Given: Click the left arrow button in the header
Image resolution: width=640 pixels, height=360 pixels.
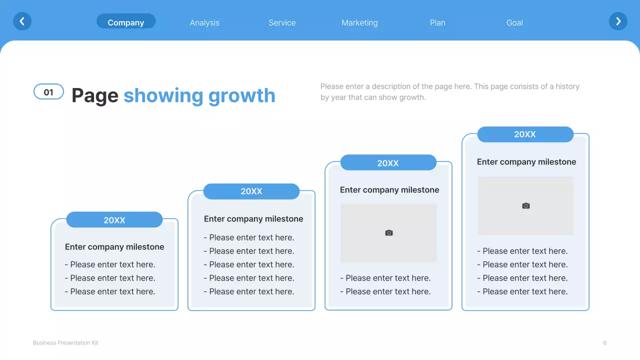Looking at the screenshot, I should [x=22, y=21].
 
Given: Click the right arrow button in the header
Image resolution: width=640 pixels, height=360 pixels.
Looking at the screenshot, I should [x=618, y=21].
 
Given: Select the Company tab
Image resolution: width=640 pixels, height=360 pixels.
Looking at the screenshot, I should [x=126, y=22].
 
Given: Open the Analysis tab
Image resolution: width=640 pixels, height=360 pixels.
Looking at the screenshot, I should [x=204, y=22].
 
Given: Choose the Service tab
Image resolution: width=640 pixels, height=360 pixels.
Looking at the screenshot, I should [x=282, y=22].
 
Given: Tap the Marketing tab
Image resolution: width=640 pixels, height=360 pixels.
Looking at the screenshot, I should [x=359, y=22].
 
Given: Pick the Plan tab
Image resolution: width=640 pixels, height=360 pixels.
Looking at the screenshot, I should [x=437, y=22].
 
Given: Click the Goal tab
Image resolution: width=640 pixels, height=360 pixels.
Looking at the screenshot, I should [x=514, y=22].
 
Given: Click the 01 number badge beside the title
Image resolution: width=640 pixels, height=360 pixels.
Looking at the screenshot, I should [x=48, y=92].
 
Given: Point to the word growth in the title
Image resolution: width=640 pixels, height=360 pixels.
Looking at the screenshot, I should [x=241, y=95].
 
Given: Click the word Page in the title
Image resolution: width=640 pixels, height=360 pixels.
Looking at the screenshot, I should [x=95, y=95].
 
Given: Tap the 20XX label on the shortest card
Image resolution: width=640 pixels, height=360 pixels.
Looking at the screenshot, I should [x=114, y=220].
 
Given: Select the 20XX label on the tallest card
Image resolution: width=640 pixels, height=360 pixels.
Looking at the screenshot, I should [x=525, y=134].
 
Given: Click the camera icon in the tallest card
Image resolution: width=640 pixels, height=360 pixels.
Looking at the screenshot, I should [x=525, y=206].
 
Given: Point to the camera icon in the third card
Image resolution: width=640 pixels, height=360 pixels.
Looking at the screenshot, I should [x=389, y=233].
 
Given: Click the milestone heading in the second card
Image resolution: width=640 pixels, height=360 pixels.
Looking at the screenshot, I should [x=253, y=219].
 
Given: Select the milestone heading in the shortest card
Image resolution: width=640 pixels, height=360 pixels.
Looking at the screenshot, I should [x=114, y=247].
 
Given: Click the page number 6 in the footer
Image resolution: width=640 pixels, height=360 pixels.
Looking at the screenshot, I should [x=605, y=342].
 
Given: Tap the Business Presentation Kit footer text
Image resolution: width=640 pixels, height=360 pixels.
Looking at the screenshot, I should [x=65, y=342].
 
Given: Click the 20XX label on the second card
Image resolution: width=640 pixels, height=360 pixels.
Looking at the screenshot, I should [x=251, y=191].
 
